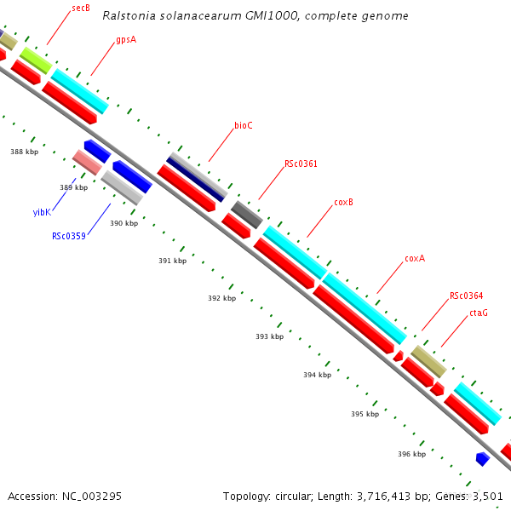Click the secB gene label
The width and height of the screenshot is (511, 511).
(x=82, y=8)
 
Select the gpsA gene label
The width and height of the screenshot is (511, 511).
(x=126, y=39)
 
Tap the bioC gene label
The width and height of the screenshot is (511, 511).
(x=244, y=125)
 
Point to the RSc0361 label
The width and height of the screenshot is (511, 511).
(x=301, y=164)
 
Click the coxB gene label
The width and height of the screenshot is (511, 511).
(x=343, y=202)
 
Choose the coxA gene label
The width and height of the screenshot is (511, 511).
(x=415, y=258)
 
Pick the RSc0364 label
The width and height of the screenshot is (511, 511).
(x=466, y=296)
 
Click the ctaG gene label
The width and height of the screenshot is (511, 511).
(x=479, y=313)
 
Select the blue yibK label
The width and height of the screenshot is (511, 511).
(x=42, y=212)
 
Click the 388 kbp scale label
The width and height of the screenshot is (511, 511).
(x=24, y=152)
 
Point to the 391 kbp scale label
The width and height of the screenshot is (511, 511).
(x=172, y=261)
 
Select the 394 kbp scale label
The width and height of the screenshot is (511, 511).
(x=317, y=375)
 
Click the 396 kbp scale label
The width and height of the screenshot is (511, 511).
(x=411, y=454)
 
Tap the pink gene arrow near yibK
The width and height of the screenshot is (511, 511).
(x=87, y=161)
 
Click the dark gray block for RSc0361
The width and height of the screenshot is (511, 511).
(x=247, y=214)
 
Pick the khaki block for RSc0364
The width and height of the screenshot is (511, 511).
(x=428, y=361)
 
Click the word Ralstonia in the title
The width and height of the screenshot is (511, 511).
(x=129, y=16)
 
